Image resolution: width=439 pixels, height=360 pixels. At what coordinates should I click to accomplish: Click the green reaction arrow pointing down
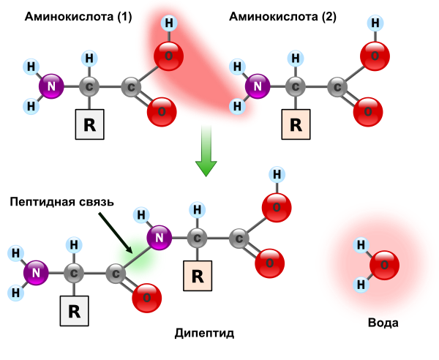click(x=206, y=150)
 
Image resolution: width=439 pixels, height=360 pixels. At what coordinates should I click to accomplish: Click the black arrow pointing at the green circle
click(x=115, y=233)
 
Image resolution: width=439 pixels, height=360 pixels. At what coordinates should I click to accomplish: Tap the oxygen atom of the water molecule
click(x=384, y=265)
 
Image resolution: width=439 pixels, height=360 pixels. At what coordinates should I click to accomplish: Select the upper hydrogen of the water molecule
click(x=361, y=245)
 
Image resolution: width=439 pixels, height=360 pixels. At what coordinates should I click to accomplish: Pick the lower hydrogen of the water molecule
click(x=361, y=284)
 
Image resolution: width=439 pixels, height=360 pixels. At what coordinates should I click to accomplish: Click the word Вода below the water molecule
click(x=383, y=322)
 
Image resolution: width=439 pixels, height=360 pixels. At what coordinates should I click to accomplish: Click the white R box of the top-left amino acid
click(x=89, y=124)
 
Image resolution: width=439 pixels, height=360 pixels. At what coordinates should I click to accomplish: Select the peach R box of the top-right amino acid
click(x=296, y=124)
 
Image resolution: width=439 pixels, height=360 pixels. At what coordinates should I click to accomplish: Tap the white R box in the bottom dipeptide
click(x=74, y=311)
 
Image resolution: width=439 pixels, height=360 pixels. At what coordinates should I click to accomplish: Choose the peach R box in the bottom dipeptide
click(x=198, y=276)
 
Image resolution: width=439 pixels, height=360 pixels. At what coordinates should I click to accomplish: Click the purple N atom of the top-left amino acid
click(x=51, y=86)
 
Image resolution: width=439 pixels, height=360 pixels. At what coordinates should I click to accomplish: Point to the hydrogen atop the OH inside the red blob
click(x=169, y=23)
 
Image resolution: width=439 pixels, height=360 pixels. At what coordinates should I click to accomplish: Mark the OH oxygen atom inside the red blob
click(x=168, y=56)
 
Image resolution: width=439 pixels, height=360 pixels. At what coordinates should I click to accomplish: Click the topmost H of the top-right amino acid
click(x=375, y=23)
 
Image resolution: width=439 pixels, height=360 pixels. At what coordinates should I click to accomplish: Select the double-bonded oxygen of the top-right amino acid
click(x=367, y=112)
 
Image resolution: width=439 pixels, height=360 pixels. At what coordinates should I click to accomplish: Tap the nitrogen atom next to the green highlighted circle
click(x=159, y=238)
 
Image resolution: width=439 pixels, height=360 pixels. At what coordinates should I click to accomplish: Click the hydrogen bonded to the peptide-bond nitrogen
click(x=141, y=215)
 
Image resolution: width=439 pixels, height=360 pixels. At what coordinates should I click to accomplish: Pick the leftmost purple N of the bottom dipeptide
click(x=36, y=273)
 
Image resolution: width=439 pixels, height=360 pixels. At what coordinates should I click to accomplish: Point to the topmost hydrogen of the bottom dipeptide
click(x=277, y=175)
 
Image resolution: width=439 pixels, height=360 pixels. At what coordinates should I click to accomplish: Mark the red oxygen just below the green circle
click(x=146, y=298)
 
